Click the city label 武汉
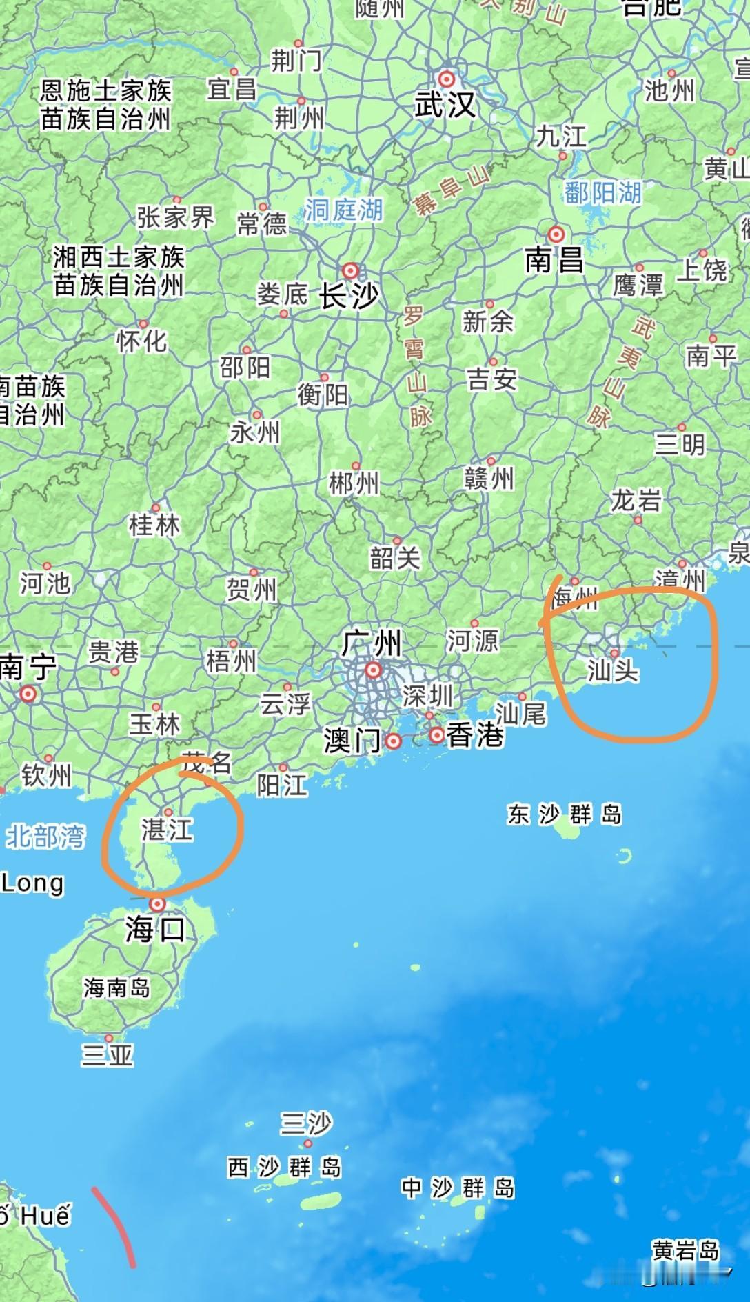point(445,106)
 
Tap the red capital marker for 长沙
point(351,270)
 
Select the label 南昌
point(554,261)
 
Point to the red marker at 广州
point(373,669)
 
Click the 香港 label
point(475,735)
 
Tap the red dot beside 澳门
point(394,741)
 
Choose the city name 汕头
point(613,670)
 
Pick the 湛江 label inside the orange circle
point(168,830)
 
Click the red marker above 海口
point(158,903)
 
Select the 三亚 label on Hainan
point(107,1055)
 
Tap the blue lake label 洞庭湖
point(343,210)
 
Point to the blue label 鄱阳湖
point(602,193)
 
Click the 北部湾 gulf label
point(45,837)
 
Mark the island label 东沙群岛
point(565,814)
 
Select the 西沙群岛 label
point(284,1168)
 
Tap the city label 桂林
point(154,525)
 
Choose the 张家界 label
point(175,218)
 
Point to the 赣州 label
point(489,478)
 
